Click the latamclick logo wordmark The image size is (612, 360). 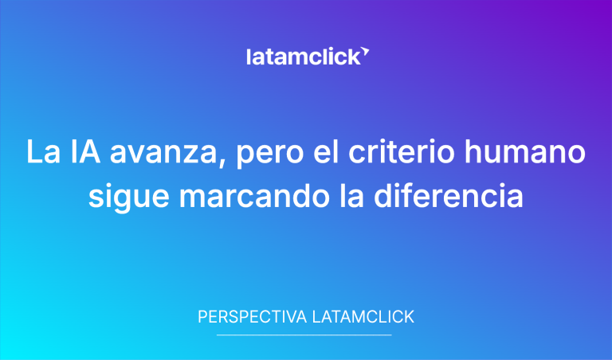[x=303, y=57]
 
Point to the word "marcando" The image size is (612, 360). [x=239, y=196]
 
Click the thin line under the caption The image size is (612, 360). [x=304, y=335]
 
